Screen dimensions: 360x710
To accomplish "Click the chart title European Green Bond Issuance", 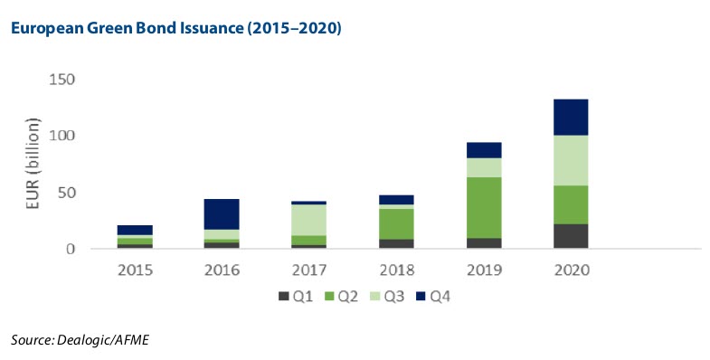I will (x=174, y=29).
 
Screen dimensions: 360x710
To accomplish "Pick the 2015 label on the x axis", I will (x=135, y=270).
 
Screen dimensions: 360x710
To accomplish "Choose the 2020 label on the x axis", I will (x=571, y=270).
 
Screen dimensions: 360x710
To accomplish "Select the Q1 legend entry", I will (x=289, y=295).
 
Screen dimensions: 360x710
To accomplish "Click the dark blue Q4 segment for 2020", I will (x=571, y=117).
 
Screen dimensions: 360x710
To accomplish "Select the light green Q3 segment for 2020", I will (x=571, y=160).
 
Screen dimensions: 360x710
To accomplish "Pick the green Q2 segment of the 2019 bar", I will (x=484, y=207).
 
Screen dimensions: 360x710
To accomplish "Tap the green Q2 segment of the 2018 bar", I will (x=396, y=223).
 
